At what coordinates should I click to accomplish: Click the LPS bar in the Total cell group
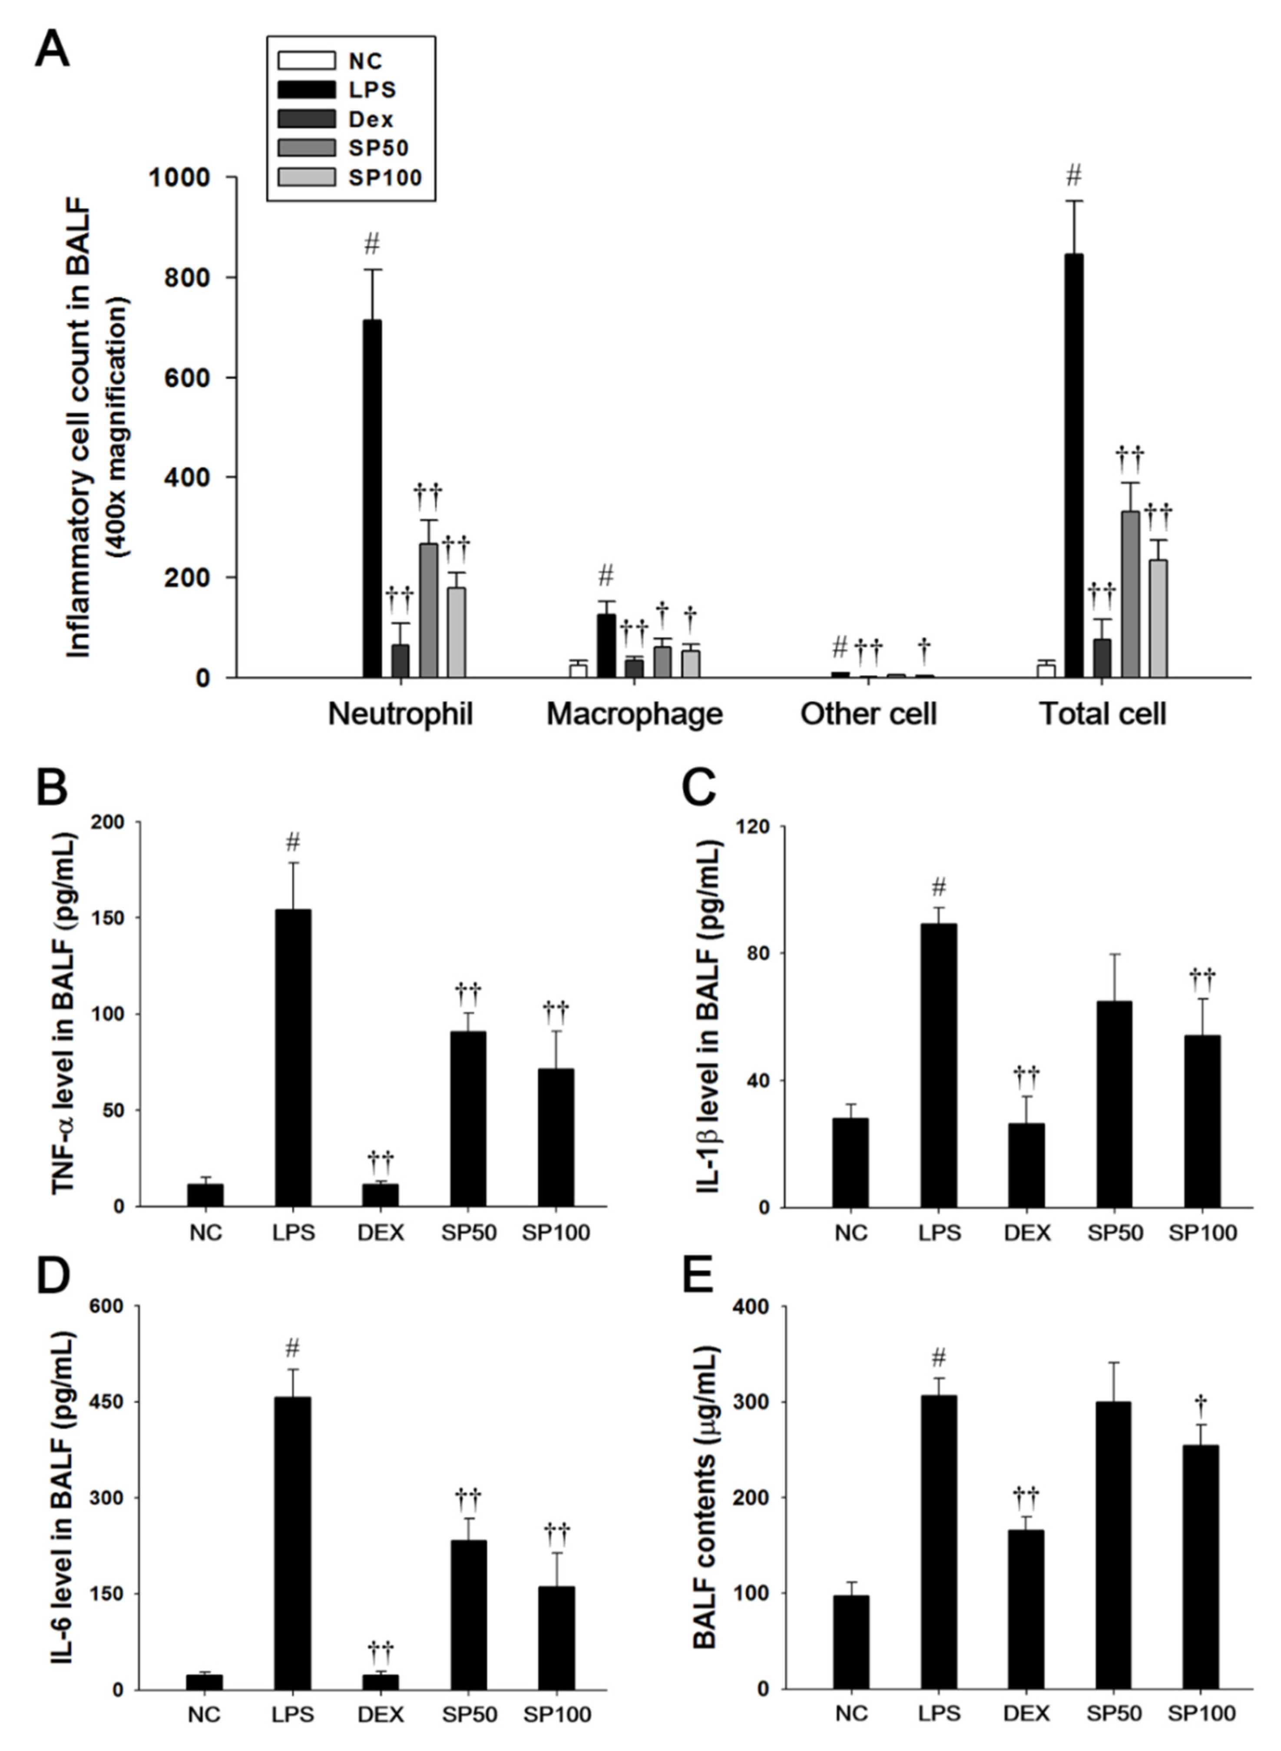(1073, 465)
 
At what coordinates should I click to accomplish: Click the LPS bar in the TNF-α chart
(293, 1058)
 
